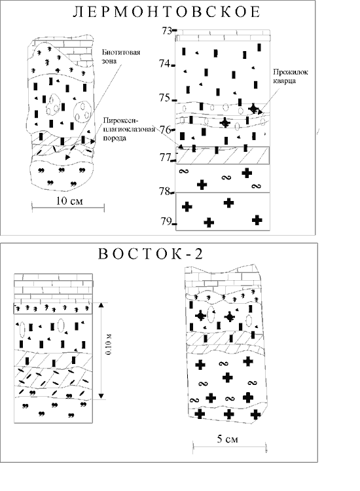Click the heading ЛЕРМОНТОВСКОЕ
coord(166,12)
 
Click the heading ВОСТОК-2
coord(151,253)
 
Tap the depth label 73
coord(167,31)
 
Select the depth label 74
coord(165,64)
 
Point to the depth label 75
coord(165,98)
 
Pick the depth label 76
coord(166,130)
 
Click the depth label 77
coord(165,157)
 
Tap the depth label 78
coord(165,191)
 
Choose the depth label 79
coord(166,221)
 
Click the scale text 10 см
coord(69,201)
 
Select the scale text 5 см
coord(228,439)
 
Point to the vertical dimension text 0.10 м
coord(108,344)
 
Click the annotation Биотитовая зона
coord(121,56)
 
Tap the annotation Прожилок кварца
coord(291,76)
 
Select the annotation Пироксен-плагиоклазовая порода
coord(129,129)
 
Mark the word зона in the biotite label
coord(109,61)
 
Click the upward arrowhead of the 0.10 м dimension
coord(101,306)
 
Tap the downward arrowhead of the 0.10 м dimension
coord(101,396)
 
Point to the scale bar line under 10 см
coord(68,207)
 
